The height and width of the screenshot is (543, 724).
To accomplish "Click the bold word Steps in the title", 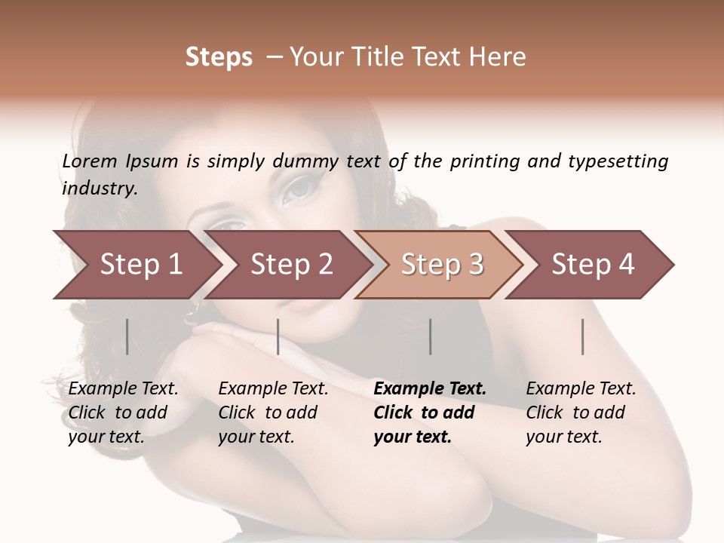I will click(219, 57).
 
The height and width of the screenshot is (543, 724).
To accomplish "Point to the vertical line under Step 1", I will click(127, 336).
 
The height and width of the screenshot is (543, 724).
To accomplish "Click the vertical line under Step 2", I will click(278, 336).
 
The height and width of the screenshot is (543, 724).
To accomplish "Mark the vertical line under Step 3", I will click(430, 336).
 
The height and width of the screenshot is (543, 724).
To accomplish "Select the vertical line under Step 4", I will click(582, 336).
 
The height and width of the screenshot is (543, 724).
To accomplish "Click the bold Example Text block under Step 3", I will click(430, 413).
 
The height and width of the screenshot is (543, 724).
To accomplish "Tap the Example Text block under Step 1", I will click(123, 413).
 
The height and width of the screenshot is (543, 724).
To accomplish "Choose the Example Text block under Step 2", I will click(273, 413).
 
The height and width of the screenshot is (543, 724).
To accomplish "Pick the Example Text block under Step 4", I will click(581, 413).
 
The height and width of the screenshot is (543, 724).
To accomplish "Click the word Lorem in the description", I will click(90, 161).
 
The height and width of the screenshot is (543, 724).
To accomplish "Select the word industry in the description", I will click(99, 189).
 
